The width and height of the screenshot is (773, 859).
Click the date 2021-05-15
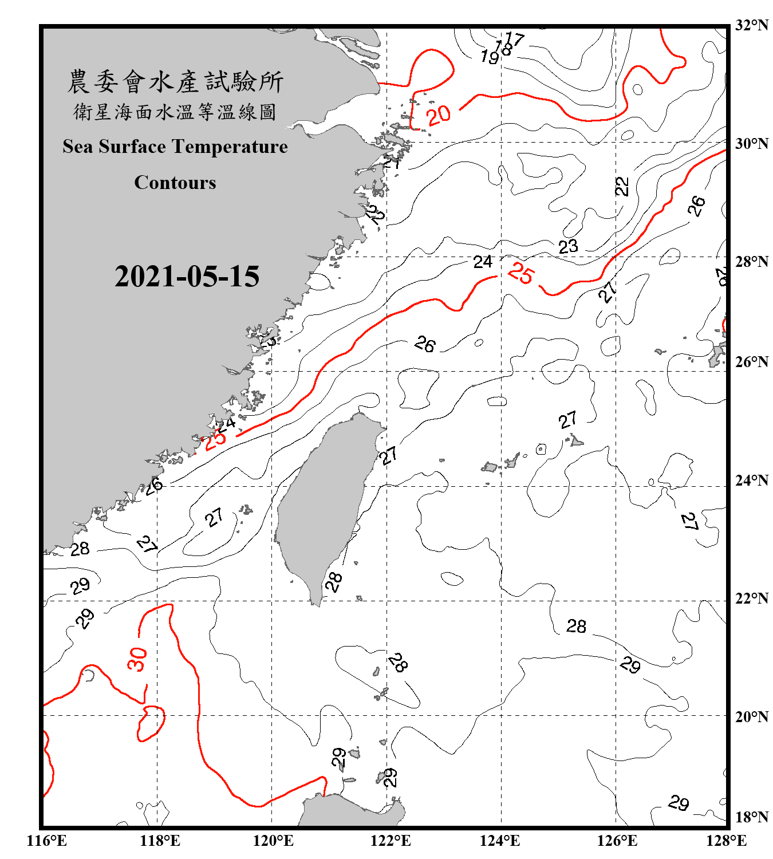click(187, 277)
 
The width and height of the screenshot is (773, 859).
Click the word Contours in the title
click(175, 183)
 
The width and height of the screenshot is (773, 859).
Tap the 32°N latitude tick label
click(752, 25)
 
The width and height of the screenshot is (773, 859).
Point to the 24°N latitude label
click(752, 480)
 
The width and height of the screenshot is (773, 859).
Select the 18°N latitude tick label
click(752, 817)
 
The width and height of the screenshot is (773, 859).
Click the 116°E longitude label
click(46, 841)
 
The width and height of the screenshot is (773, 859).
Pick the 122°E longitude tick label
click(391, 841)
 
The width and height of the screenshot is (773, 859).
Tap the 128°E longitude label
click(726, 841)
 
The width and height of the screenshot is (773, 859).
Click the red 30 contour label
click(137, 659)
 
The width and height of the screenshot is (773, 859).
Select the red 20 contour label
click(439, 116)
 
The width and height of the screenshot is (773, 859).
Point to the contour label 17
click(515, 40)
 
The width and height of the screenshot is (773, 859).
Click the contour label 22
click(622, 186)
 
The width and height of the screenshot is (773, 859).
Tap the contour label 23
click(568, 247)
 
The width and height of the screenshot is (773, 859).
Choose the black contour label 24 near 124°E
click(483, 262)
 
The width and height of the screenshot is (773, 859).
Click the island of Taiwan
click(324, 504)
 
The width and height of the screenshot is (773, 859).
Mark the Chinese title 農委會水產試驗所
click(175, 82)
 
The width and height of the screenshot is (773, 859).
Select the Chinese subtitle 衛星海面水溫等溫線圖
click(175, 112)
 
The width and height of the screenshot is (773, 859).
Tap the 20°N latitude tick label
click(752, 716)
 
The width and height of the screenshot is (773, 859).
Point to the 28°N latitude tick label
click(752, 262)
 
